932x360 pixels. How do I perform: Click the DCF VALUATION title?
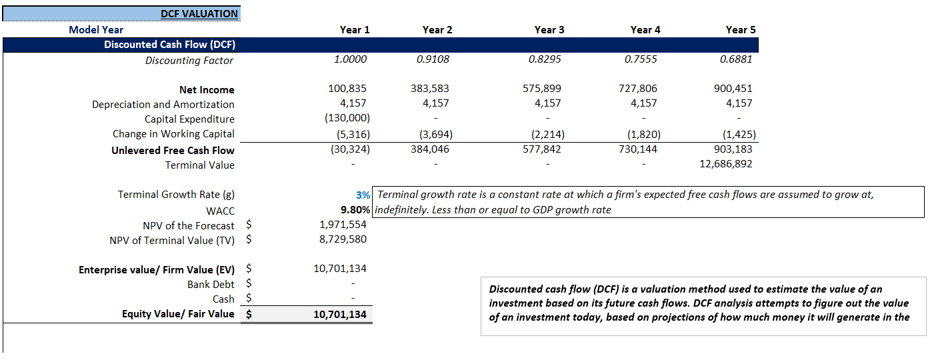[x=199, y=13]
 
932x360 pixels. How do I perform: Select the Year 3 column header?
[x=549, y=29]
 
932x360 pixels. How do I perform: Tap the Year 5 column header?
[x=741, y=29]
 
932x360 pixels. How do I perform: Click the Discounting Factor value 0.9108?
[x=433, y=59]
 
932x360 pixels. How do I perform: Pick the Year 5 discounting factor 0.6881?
[x=736, y=59]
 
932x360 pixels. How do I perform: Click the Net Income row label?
[x=207, y=89]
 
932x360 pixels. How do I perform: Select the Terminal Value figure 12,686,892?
[x=725, y=164]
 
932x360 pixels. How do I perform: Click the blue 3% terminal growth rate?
[x=363, y=195]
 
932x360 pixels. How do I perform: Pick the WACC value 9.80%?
[x=355, y=210]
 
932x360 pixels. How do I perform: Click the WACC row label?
[x=220, y=211]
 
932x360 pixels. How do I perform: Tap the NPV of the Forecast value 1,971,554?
[x=343, y=225]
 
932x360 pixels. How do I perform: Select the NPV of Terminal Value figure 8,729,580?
[x=343, y=239]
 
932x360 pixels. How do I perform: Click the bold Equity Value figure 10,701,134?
[x=339, y=314]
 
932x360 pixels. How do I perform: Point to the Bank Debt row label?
[x=211, y=285]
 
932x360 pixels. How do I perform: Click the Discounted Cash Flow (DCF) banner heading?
[x=169, y=45]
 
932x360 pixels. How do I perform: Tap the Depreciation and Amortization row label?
[x=163, y=104]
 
